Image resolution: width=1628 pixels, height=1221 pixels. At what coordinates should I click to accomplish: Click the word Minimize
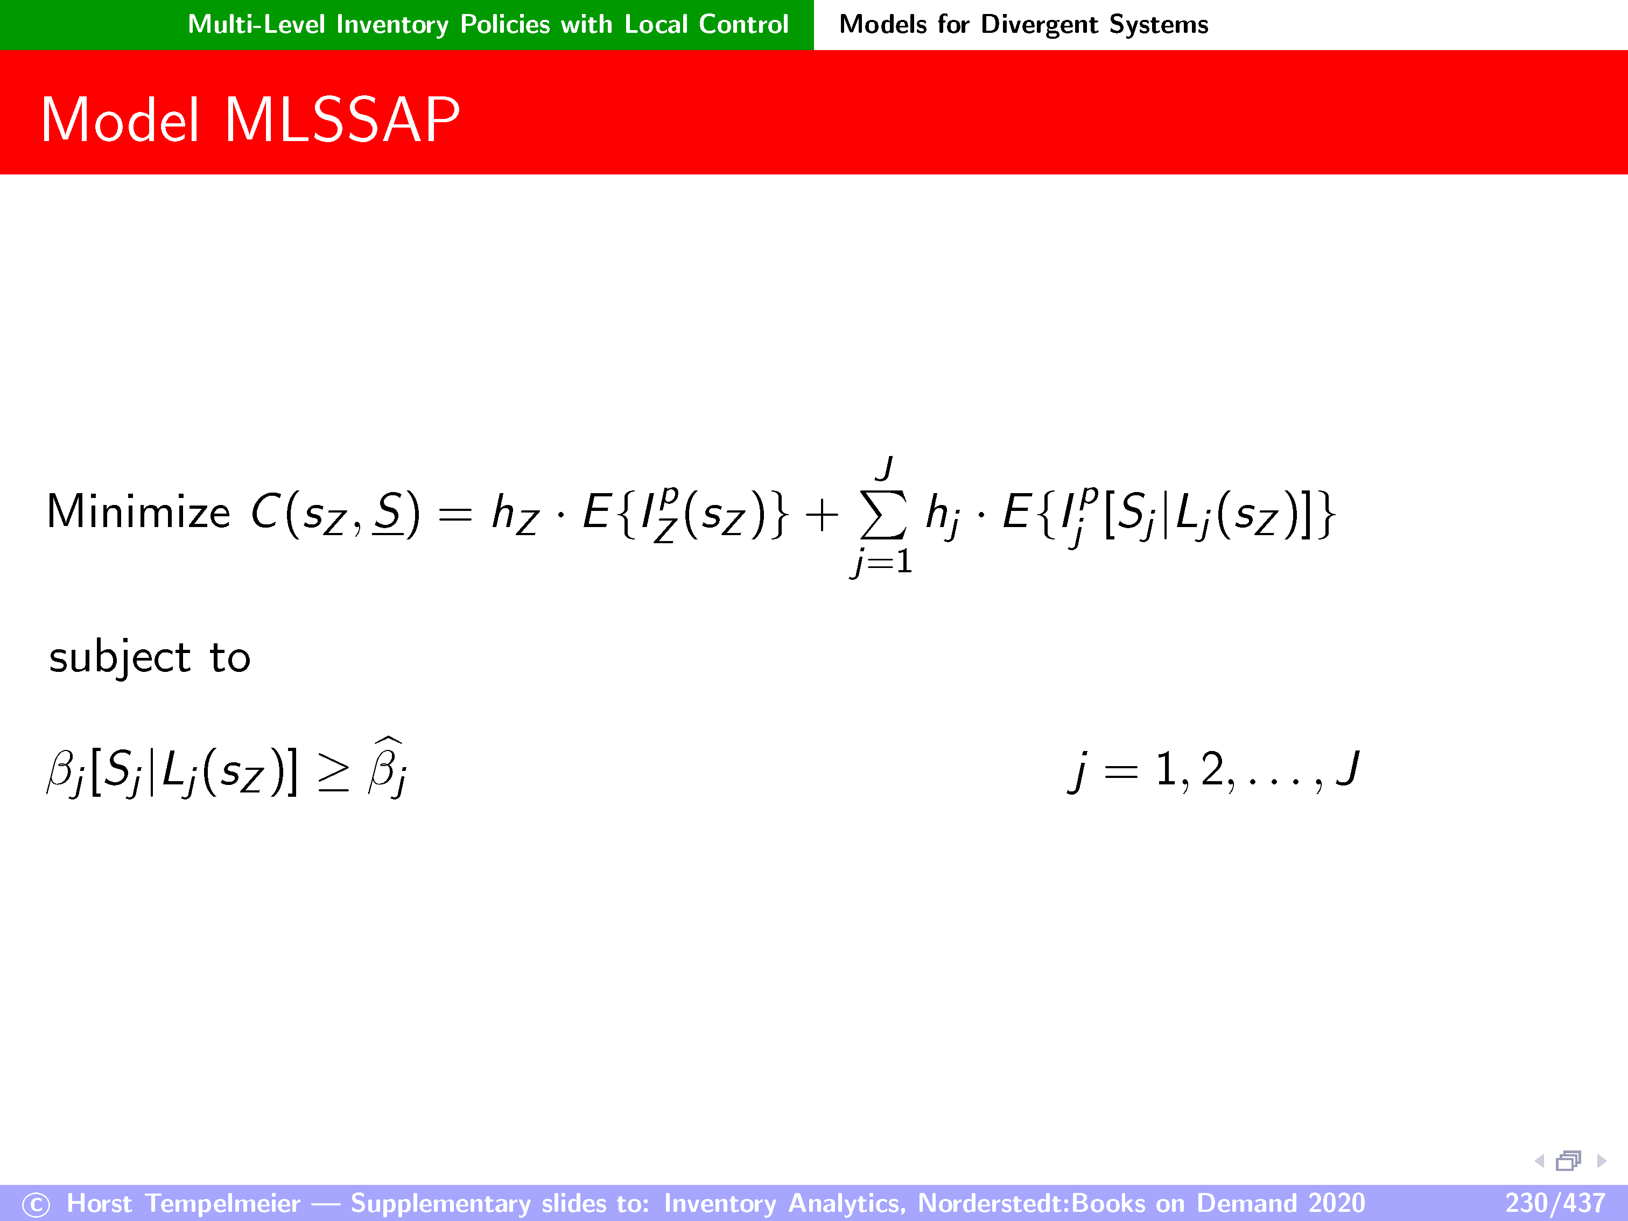[x=138, y=511]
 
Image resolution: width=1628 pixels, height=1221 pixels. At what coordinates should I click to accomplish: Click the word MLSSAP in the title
[x=342, y=120]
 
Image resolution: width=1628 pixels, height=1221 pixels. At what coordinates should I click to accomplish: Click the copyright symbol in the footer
[x=36, y=1205]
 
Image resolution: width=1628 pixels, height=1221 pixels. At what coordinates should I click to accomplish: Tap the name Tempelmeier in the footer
[x=223, y=1203]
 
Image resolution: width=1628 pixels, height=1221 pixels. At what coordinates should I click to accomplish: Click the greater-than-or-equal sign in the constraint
[x=333, y=773]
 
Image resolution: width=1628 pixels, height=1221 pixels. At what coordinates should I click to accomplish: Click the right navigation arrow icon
[x=1602, y=1161]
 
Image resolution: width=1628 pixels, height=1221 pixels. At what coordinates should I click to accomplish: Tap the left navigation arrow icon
[x=1539, y=1161]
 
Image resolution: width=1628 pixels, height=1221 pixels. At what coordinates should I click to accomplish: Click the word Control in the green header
[x=743, y=25]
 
